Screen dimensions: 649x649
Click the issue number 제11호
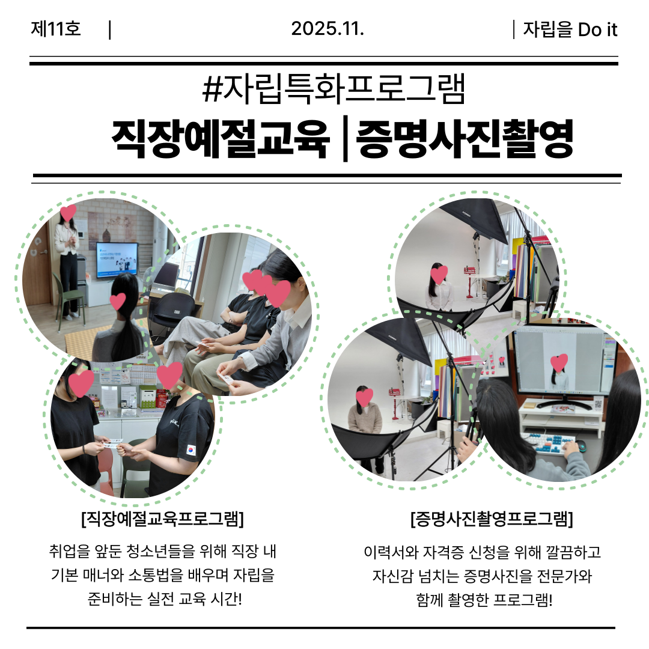click(56, 29)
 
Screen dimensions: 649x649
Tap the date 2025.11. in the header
click(328, 29)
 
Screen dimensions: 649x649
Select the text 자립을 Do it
click(570, 29)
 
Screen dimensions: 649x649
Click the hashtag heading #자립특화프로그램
click(334, 88)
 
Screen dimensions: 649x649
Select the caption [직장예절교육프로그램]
click(163, 519)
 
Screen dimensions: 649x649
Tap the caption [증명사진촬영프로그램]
click(492, 519)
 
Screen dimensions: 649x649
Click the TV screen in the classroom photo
click(117, 260)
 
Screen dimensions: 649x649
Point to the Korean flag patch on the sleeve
click(191, 450)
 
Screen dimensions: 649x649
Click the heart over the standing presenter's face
click(69, 213)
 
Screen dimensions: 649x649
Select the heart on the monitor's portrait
click(559, 362)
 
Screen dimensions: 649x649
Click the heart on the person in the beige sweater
click(364, 397)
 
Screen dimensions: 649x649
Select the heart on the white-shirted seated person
click(439, 275)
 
